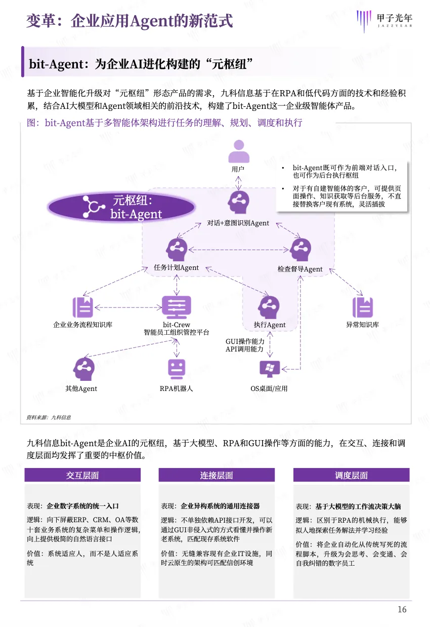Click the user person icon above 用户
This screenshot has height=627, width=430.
238,150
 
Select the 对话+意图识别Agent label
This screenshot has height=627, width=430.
238,223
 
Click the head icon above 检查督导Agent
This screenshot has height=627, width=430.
300,250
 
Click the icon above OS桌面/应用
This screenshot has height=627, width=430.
269,369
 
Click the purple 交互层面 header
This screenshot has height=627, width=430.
82,475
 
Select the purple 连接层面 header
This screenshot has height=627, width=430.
217,475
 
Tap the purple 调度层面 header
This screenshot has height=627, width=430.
351,475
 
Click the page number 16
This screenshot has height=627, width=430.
402,609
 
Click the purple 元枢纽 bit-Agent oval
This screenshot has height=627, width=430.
121,207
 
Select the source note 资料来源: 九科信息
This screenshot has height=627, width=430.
49,417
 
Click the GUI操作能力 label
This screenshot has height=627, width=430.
245,342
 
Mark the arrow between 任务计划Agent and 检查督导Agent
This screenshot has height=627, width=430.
238,249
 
